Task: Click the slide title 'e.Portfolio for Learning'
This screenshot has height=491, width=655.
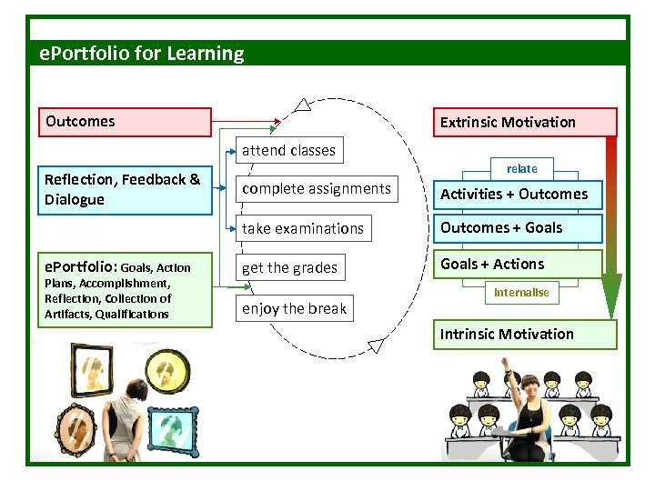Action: tap(143, 54)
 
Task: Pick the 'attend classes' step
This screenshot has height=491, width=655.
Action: tap(288, 151)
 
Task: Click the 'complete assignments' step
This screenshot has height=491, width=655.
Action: tap(317, 189)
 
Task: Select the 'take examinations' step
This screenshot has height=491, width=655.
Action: tap(303, 228)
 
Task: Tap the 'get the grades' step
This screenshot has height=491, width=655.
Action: tap(290, 267)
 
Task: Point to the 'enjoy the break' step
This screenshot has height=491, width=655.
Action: tap(295, 308)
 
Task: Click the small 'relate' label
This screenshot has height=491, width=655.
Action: tap(521, 169)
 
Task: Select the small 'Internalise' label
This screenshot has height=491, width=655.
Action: tap(521, 293)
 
